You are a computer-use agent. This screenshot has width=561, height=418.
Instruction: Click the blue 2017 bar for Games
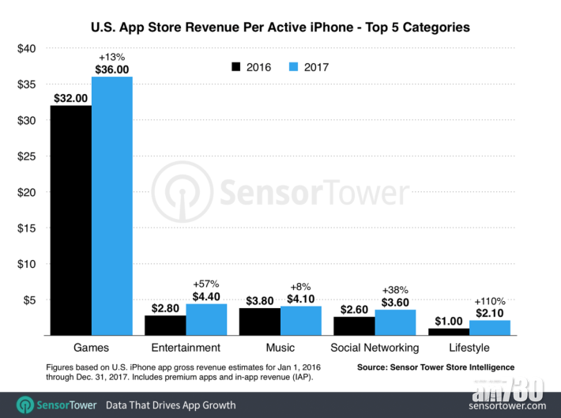[111, 205]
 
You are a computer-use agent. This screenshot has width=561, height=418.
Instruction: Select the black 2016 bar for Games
[70, 220]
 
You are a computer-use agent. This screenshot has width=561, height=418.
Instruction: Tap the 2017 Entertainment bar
[206, 319]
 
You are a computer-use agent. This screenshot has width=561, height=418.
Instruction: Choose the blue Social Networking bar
[396, 322]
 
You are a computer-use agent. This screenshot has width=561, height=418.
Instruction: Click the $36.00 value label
[111, 69]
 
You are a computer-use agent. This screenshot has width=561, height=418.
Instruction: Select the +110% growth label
[490, 301]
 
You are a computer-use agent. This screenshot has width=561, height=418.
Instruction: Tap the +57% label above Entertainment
[206, 284]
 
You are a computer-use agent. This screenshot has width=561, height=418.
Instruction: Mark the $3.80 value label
[259, 300]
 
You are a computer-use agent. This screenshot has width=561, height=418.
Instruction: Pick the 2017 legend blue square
[296, 67]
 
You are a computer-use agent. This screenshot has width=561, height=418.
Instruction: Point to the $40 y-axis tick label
[27, 48]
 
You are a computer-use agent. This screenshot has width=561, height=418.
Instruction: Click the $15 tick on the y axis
[27, 228]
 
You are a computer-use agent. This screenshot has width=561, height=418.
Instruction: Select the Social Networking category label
[375, 348]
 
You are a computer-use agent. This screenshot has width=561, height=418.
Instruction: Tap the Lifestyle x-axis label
[470, 348]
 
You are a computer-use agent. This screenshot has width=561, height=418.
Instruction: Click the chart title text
[280, 27]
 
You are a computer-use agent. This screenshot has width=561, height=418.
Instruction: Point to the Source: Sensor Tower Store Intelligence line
[435, 367]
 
